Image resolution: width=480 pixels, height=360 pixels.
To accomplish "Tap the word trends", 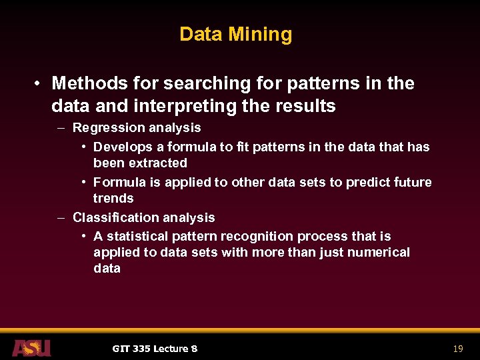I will click(113, 198).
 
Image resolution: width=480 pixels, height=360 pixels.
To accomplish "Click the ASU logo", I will click(31, 347).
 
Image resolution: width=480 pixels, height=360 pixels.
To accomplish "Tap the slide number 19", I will click(457, 349).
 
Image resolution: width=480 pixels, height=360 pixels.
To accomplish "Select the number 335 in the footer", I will click(141, 349).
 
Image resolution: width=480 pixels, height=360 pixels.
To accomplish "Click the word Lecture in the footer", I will click(171, 349).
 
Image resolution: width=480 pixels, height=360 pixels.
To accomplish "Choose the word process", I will click(323, 237).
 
